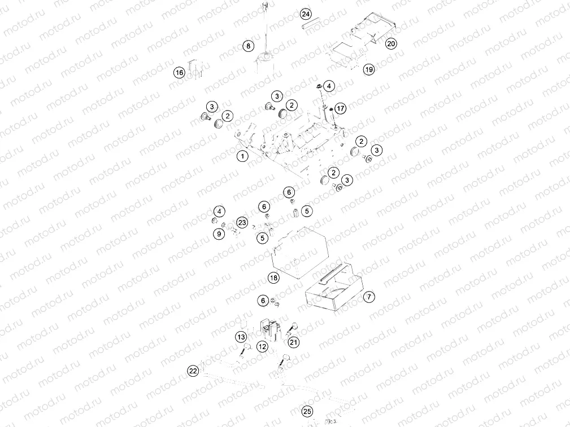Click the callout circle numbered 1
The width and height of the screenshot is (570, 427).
click(x=242, y=156)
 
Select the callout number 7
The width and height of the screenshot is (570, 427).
click(x=368, y=296)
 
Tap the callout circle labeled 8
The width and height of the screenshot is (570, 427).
click(x=248, y=46)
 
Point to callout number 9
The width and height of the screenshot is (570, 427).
click(x=218, y=233)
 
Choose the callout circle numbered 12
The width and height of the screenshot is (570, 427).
click(x=262, y=347)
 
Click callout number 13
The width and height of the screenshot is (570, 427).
click(x=241, y=337)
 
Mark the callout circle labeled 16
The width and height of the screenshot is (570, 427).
click(x=179, y=73)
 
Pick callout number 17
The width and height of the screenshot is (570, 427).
click(x=340, y=108)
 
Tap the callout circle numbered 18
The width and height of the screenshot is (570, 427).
click(x=273, y=278)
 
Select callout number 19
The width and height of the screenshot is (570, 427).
click(x=369, y=69)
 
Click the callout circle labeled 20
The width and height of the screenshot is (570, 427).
click(x=391, y=43)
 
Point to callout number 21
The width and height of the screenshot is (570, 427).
click(x=294, y=342)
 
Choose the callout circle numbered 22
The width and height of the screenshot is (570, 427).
click(x=193, y=371)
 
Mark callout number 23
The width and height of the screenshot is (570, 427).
click(x=242, y=223)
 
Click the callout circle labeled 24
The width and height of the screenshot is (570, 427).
click(x=306, y=14)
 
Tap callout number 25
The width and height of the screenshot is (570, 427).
click(x=307, y=411)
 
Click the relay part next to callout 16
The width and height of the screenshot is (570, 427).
click(x=195, y=67)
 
